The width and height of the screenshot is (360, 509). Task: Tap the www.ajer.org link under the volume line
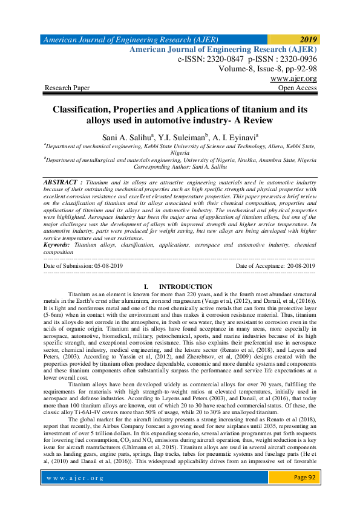(293, 79)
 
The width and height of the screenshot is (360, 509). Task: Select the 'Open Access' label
(296, 88)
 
